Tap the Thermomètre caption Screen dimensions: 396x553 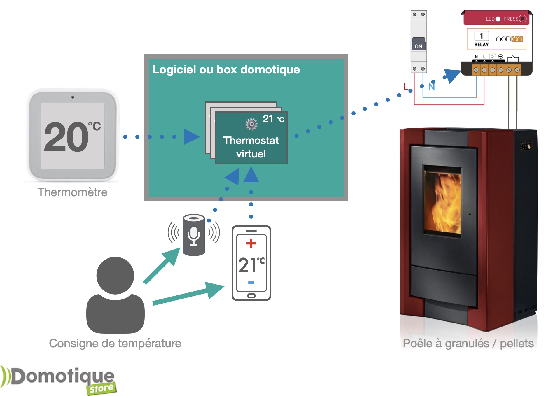(72, 192)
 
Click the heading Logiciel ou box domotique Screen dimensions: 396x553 (226, 70)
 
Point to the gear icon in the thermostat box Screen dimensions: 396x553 (251, 124)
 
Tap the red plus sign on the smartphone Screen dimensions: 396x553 (251, 243)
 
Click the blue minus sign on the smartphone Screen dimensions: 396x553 (251, 283)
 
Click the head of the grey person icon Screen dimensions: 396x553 (115, 275)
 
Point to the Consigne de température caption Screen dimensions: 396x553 (115, 344)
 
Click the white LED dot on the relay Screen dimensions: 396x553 (498, 19)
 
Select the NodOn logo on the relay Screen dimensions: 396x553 (509, 39)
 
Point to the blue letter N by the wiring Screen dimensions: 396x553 (432, 87)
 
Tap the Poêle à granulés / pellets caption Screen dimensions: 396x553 (468, 344)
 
